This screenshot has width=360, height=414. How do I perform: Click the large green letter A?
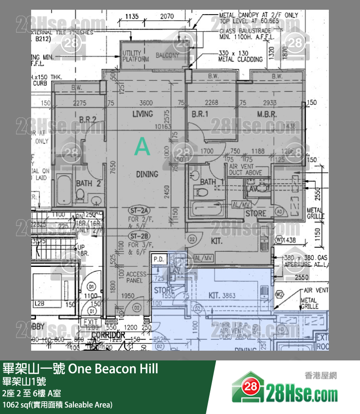142,147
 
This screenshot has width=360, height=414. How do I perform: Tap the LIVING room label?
142,114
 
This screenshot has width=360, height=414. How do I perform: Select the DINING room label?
147,174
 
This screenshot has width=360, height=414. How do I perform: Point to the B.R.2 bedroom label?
88,119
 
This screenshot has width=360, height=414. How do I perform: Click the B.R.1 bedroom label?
200,115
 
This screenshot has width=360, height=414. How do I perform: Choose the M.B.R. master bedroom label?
267,115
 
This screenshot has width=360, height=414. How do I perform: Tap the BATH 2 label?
88,184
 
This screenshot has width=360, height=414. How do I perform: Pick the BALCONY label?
167,56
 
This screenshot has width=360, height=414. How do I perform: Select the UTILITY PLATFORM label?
135,56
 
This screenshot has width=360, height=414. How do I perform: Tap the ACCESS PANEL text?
136,278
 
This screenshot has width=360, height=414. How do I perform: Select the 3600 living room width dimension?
146,103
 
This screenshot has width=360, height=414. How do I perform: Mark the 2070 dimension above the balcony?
166,16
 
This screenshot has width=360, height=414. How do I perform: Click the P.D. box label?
159,260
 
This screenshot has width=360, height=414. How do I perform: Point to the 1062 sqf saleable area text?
57,405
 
